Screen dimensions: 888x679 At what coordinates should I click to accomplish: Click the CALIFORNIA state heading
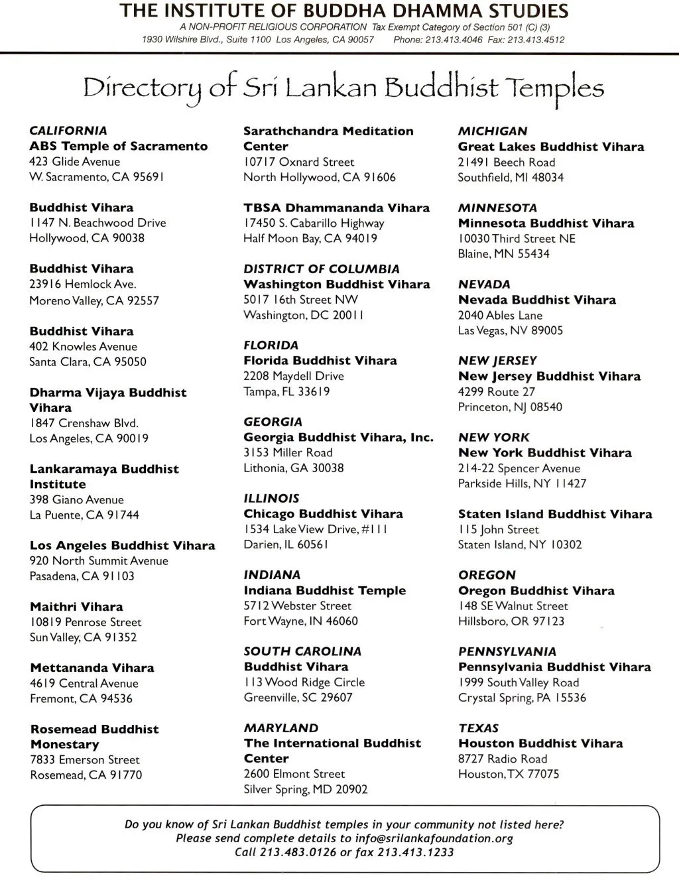click(x=68, y=131)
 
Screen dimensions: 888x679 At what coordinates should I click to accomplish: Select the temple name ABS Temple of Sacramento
click(x=118, y=146)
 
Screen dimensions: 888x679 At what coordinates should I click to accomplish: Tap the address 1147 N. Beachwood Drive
click(x=97, y=223)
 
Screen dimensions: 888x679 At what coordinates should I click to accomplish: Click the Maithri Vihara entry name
click(x=76, y=606)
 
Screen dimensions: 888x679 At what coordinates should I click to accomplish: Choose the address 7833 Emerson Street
click(x=85, y=760)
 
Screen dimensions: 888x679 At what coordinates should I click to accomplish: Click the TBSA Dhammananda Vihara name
click(x=336, y=208)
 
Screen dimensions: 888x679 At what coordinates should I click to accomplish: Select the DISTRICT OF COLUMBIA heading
click(x=322, y=269)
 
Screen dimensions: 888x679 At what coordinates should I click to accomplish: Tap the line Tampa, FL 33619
click(x=286, y=391)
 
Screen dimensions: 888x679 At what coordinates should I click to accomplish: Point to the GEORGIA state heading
click(x=273, y=422)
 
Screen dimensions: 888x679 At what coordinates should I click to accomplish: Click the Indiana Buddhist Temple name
click(x=325, y=590)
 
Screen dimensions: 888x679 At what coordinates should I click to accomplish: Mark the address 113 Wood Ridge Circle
click(x=304, y=682)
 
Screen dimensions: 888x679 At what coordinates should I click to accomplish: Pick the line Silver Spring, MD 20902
click(x=305, y=789)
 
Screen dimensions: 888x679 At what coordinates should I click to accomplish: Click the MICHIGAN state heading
click(x=493, y=131)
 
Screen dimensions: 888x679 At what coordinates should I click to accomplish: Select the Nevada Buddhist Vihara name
click(x=537, y=300)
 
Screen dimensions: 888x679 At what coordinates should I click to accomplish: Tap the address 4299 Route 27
click(x=496, y=392)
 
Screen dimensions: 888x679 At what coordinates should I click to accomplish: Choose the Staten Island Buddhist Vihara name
click(x=555, y=514)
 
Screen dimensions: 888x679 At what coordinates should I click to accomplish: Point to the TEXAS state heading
click(x=478, y=728)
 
